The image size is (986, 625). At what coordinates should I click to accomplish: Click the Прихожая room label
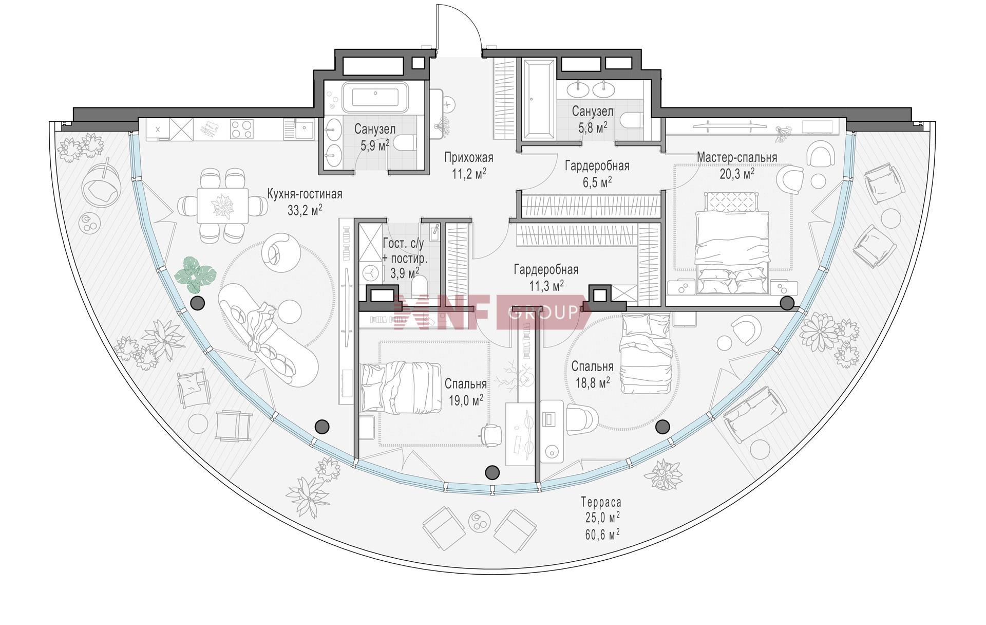coord(468,158)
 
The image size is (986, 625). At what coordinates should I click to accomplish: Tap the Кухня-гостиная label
coord(305,194)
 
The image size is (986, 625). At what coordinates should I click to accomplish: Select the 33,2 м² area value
coord(305,209)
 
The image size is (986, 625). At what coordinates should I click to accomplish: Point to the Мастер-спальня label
coord(737,157)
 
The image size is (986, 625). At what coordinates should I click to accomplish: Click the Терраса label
coord(601,502)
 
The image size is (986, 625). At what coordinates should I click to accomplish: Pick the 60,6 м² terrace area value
coord(601,535)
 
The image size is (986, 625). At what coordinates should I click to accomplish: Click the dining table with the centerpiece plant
coord(223,206)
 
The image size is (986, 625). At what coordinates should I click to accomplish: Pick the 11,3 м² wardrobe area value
coord(546,285)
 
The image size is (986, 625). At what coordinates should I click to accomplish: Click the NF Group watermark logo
coord(491,312)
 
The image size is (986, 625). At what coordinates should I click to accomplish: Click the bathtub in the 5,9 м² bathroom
coord(375,97)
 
